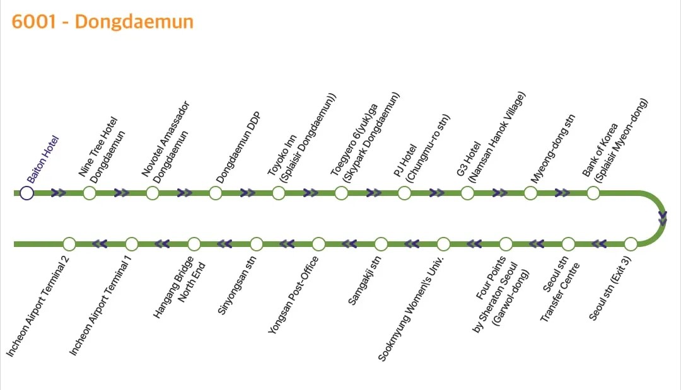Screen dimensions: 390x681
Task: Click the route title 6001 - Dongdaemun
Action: point(102,21)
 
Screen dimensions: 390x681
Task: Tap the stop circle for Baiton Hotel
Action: point(26,193)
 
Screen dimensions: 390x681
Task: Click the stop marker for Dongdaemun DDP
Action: point(216,193)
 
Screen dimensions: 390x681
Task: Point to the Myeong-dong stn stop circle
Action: point(530,193)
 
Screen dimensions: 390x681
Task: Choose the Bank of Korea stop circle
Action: point(593,193)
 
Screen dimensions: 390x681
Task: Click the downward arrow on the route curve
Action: point(662,219)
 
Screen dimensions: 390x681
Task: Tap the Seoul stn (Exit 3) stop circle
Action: point(631,244)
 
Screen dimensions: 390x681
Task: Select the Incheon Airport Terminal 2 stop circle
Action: point(69,244)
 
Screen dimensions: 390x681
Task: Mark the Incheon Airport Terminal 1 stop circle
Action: point(132,244)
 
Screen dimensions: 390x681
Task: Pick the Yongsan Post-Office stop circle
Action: point(318,244)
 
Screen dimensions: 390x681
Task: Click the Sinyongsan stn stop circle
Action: point(257,244)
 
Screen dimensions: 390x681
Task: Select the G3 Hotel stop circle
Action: point(467,193)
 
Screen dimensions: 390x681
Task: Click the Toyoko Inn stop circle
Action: point(279,193)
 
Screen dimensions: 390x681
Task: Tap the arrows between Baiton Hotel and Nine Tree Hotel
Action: point(59,193)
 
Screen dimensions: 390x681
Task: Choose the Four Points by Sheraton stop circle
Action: point(506,244)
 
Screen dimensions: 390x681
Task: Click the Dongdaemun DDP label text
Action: point(238,147)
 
